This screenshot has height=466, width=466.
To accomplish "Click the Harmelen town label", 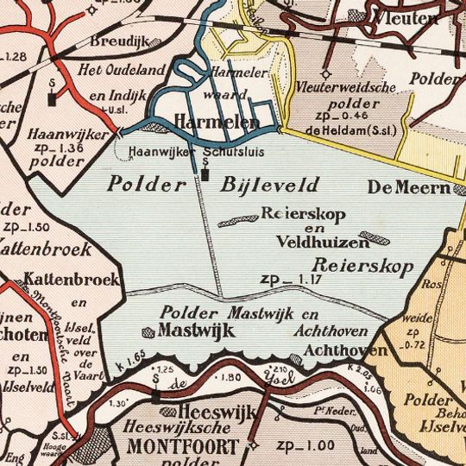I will coord(217,123).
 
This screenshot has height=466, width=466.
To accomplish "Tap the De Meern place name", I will coord(408,187).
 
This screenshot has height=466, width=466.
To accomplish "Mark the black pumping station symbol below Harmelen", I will coord(205,174).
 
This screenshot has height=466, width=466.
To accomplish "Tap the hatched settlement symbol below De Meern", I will coord(374,236).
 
